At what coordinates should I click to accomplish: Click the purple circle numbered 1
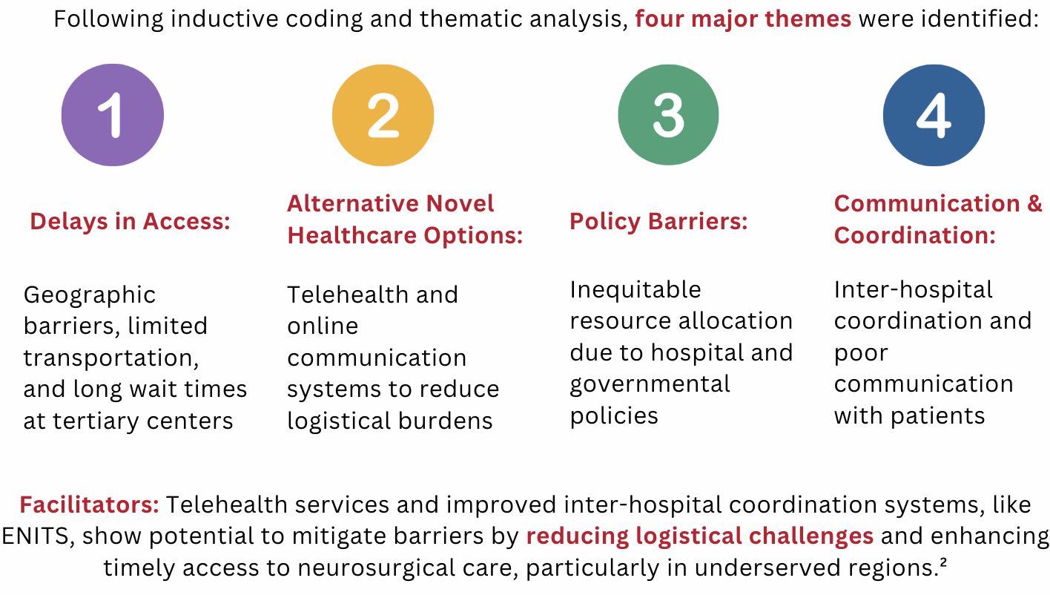click(113, 115)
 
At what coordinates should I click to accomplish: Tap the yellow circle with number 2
click(383, 115)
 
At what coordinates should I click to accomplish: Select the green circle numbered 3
click(668, 115)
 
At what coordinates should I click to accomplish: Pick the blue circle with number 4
click(934, 115)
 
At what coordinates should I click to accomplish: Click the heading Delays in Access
click(130, 221)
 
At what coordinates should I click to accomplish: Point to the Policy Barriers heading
click(658, 221)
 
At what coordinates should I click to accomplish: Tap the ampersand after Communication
click(1034, 203)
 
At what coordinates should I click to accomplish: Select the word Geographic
click(90, 296)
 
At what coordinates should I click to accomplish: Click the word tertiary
click(96, 421)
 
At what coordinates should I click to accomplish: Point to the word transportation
click(111, 358)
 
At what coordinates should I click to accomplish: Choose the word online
click(323, 326)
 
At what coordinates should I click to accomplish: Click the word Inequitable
click(635, 290)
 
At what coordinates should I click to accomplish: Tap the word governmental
click(650, 385)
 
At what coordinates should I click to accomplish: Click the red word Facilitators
click(89, 504)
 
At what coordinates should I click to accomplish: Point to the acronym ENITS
click(36, 536)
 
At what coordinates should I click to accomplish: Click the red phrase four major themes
click(743, 19)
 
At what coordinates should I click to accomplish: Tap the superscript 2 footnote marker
click(943, 561)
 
